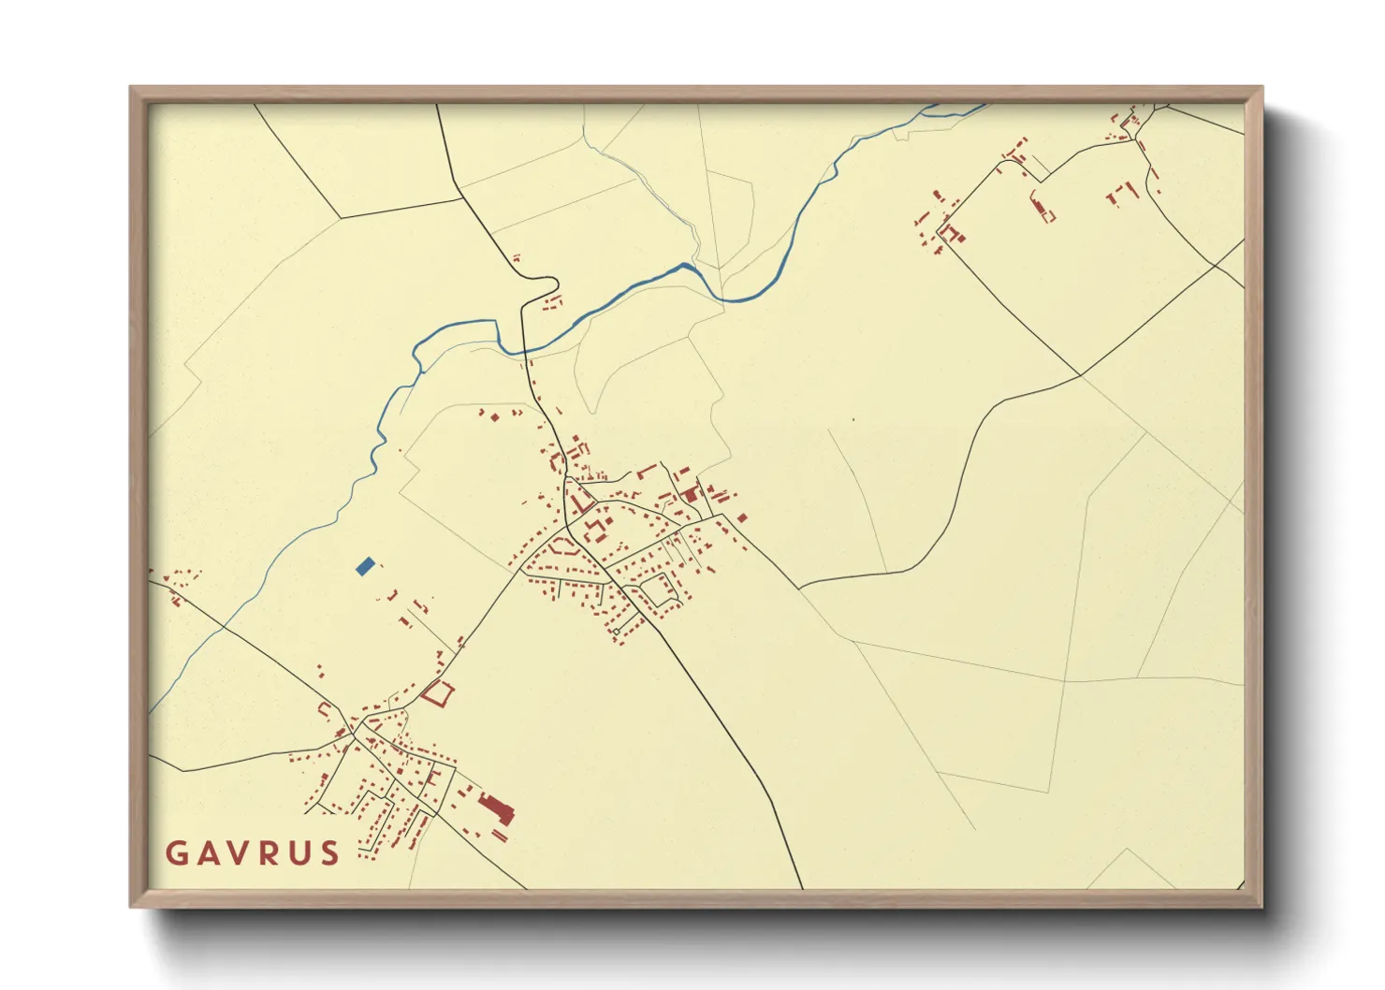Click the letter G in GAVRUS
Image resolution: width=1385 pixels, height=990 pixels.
(176, 853)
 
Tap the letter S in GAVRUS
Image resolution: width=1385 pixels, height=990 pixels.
(329, 853)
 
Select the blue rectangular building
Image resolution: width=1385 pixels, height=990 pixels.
(366, 565)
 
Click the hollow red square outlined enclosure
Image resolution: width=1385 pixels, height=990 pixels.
(437, 693)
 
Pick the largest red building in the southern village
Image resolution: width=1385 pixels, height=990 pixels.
(495, 808)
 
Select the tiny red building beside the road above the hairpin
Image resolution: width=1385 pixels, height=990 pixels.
(516, 256)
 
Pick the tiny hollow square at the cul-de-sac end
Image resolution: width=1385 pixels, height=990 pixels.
(617, 633)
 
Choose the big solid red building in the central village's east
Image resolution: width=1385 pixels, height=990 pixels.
(692, 493)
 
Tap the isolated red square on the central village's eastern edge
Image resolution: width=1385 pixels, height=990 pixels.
(742, 517)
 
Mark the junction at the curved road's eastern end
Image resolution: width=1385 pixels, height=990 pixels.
(1081, 376)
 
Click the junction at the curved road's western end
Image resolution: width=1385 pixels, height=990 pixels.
(800, 589)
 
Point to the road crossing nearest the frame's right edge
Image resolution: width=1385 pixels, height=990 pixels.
(1216, 265)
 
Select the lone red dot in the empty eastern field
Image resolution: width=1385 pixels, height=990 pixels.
(853, 419)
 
